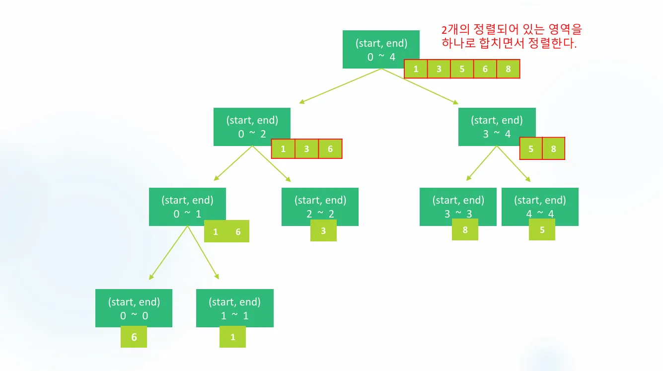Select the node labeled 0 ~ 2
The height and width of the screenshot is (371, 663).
[x=252, y=127]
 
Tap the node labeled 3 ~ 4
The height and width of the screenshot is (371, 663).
[x=497, y=127]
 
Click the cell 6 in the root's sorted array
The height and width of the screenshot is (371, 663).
[x=485, y=69]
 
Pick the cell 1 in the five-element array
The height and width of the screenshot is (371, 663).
[x=416, y=69]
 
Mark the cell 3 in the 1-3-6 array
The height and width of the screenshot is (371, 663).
[x=307, y=148]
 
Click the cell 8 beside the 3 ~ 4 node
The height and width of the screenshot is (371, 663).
[x=553, y=148]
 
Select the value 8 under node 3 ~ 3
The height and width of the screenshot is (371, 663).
[x=465, y=230]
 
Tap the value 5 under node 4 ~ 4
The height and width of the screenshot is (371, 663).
[x=542, y=230]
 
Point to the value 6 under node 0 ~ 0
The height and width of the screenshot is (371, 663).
[x=134, y=337]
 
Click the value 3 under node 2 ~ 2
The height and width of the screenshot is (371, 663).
[x=323, y=231]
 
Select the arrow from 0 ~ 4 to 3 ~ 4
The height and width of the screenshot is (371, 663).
[x=420, y=86]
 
